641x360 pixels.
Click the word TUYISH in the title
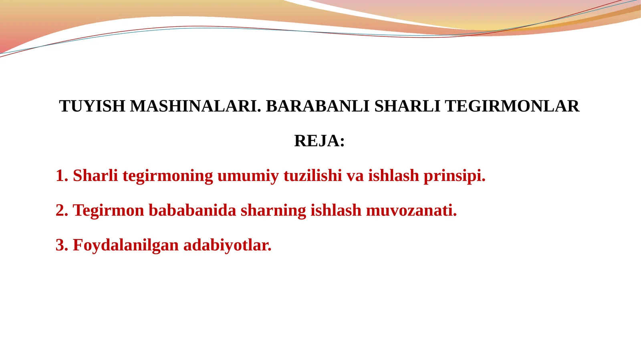92,106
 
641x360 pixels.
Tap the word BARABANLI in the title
317,106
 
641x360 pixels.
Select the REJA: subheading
319,141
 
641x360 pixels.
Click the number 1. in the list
62,176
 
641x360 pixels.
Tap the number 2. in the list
62,211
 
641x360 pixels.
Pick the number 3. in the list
62,245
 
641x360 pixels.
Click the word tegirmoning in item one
167,176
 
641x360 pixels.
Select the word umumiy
248,176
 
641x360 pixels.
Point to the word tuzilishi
312,176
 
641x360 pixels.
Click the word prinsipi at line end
454,176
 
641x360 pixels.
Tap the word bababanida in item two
192,211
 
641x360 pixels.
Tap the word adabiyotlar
227,245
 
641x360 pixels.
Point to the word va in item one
355,176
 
